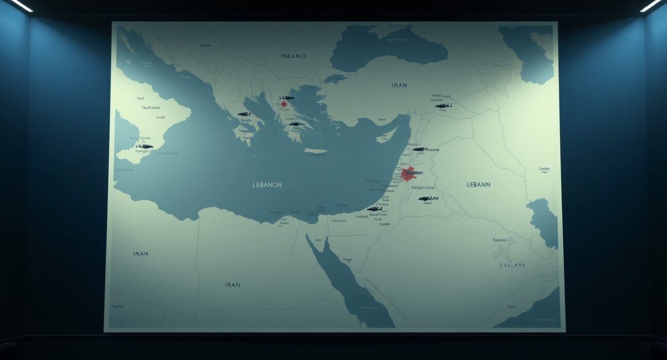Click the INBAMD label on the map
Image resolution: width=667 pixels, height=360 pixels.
pyautogui.click(x=293, y=56)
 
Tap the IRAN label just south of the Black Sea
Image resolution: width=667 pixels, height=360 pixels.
pyautogui.click(x=399, y=85)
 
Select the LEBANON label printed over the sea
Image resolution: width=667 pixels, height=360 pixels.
pyautogui.click(x=267, y=185)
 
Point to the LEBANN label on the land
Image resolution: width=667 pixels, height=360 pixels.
pyautogui.click(x=478, y=184)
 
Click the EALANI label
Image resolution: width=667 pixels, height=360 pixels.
pyautogui.click(x=512, y=265)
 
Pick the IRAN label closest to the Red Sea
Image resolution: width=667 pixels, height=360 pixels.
pyautogui.click(x=232, y=284)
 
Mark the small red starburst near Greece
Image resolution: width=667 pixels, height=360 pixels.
pyautogui.click(x=284, y=104)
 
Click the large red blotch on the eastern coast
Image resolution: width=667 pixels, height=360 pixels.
pyautogui.click(x=409, y=173)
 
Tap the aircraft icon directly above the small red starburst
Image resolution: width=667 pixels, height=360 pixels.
pyautogui.click(x=287, y=97)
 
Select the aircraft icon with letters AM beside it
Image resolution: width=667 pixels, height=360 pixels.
pyautogui.click(x=425, y=199)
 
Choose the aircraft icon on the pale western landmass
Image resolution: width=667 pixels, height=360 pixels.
pyautogui.click(x=145, y=146)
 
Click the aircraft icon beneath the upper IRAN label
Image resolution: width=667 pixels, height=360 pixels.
pyautogui.click(x=443, y=106)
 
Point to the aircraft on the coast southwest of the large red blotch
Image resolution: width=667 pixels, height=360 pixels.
pyautogui.click(x=374, y=209)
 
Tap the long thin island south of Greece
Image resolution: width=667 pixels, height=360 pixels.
pyautogui.click(x=315, y=151)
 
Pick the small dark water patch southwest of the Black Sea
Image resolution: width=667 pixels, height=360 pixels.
pyautogui.click(x=335, y=78)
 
